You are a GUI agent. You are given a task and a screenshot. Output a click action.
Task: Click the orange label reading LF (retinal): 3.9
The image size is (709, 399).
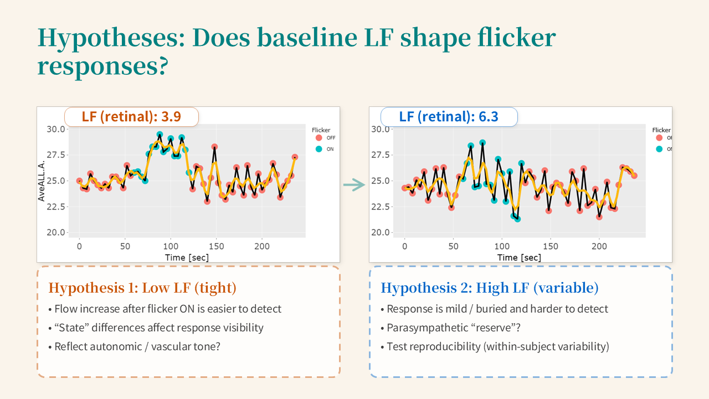pyautogui.click(x=131, y=117)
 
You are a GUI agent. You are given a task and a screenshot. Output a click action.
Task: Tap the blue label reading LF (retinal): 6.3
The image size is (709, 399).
pyautogui.click(x=449, y=117)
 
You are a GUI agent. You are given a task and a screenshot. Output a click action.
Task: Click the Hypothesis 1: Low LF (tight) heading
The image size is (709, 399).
pyautogui.click(x=142, y=288)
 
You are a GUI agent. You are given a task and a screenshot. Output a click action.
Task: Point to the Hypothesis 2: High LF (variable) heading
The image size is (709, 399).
pyautogui.click(x=490, y=288)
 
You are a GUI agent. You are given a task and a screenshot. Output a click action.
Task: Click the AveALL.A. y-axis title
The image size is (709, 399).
pyautogui.click(x=42, y=181)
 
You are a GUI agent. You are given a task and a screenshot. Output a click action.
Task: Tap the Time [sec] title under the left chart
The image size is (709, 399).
pyautogui.click(x=187, y=257)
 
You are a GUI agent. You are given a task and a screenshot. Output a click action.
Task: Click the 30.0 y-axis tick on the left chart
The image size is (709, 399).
pyautogui.click(x=55, y=129)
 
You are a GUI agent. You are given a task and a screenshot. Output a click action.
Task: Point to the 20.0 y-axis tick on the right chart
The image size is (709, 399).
pyautogui.click(x=381, y=233)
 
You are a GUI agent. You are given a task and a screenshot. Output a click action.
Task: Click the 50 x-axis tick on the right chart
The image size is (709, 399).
pyautogui.click(x=453, y=246)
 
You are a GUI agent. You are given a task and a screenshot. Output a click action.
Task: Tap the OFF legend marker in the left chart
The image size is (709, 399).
pyautogui.click(x=318, y=138)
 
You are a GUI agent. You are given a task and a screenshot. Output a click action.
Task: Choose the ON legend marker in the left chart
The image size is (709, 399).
pyautogui.click(x=318, y=149)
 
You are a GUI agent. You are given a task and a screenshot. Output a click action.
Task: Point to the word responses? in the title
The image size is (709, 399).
pyautogui.click(x=102, y=65)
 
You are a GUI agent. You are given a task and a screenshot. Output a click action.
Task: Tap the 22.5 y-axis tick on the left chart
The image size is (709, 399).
pyautogui.click(x=55, y=207)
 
